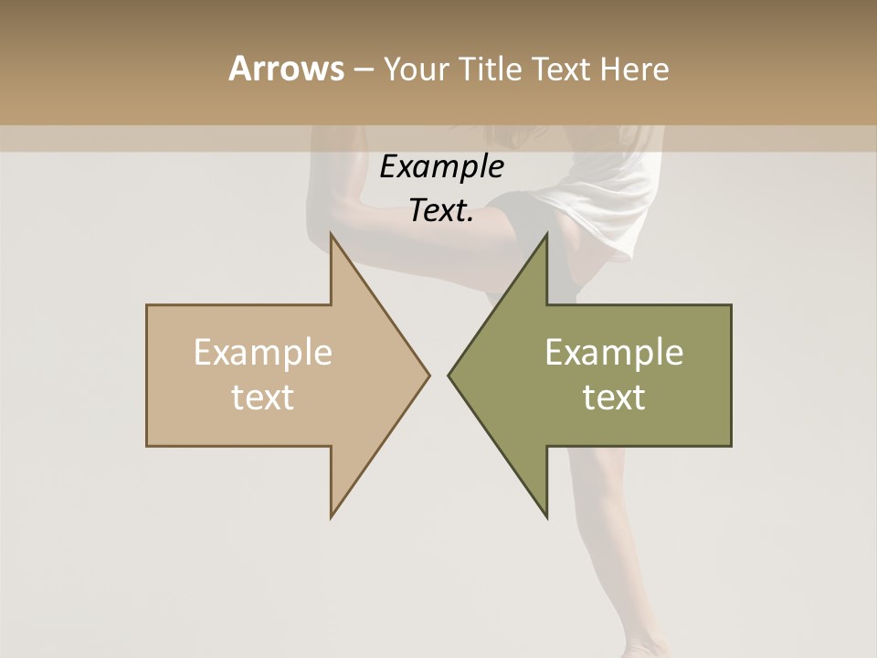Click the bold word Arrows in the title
[286, 69]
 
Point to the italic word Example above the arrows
[441, 166]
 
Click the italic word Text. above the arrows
[441, 210]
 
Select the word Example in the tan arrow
[262, 353]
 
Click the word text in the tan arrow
[262, 398]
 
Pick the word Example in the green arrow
[614, 353]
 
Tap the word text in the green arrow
[614, 398]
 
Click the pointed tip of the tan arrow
[428, 375]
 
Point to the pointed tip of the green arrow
[449, 375]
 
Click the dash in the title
[363, 69]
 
